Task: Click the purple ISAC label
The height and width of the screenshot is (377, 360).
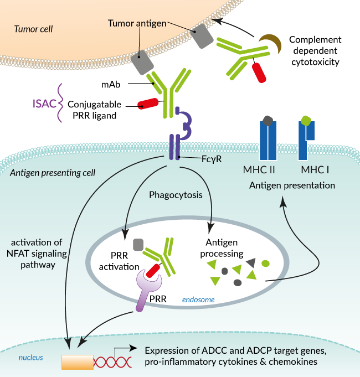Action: (x=44, y=104)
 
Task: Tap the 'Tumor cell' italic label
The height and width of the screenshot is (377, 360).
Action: (x=33, y=29)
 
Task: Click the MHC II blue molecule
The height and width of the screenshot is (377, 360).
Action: (x=268, y=140)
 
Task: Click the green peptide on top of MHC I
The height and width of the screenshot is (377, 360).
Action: (x=306, y=121)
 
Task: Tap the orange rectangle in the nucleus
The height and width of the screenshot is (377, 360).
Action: (x=78, y=362)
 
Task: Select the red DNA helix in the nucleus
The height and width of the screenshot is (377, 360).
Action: (x=112, y=362)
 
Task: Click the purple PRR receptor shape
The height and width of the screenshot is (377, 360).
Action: (x=147, y=288)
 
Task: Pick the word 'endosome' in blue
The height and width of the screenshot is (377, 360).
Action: (x=198, y=299)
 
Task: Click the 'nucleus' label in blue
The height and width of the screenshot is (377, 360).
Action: (x=31, y=358)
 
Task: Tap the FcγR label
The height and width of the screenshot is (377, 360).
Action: (x=212, y=159)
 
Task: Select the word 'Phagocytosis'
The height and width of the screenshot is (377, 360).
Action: (x=176, y=195)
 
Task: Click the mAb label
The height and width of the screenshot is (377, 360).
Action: (x=111, y=85)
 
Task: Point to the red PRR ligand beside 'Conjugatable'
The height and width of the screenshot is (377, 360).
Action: (x=148, y=104)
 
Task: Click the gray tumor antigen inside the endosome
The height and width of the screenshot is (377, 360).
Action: (x=138, y=245)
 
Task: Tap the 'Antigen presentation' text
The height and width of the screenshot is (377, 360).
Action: (x=292, y=185)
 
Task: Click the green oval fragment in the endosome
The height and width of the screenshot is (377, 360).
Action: (x=265, y=264)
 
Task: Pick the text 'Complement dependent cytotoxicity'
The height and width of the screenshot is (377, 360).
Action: (x=315, y=51)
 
